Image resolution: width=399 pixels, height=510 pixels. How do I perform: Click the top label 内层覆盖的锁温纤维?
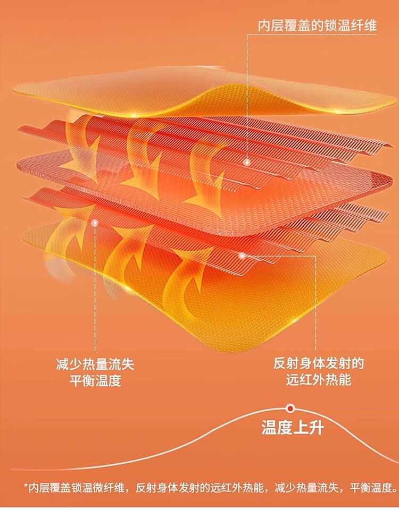coord(317,26)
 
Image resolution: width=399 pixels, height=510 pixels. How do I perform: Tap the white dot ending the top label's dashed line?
coord(247,161)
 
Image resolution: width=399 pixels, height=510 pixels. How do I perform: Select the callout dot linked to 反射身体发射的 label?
coord(242,256)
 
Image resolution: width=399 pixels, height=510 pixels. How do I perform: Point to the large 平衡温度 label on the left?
coord(95,381)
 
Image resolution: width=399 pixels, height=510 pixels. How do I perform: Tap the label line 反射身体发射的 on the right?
coord(318,364)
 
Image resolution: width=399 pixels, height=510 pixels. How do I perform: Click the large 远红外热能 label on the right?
coord(318,380)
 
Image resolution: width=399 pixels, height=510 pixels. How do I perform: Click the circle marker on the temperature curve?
coord(290,408)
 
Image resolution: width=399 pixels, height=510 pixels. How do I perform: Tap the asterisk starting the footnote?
coord(26,487)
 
